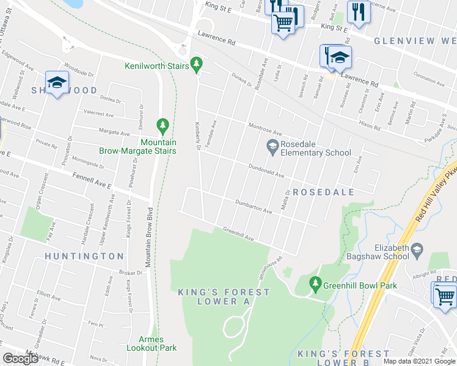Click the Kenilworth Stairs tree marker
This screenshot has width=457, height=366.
click(x=196, y=63)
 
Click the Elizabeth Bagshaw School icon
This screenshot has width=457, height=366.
click(x=417, y=249)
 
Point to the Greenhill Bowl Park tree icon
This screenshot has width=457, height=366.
click(x=315, y=283)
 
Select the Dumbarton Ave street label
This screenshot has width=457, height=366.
click(x=254, y=207)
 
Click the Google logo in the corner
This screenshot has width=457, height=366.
click(x=20, y=358)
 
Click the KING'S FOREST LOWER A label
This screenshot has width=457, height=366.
click(x=223, y=297)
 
